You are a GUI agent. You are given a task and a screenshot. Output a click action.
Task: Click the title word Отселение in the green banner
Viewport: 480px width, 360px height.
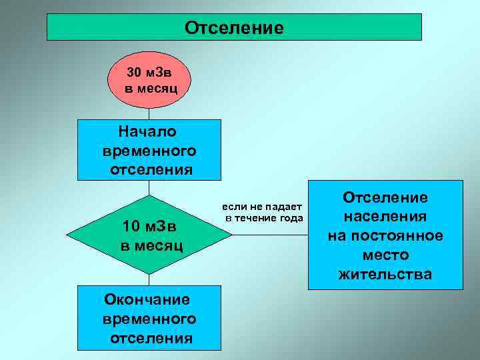click(x=234, y=28)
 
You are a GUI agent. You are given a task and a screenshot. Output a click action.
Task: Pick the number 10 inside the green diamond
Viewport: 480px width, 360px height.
click(x=131, y=226)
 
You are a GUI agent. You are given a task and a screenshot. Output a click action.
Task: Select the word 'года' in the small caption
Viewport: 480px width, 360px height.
click(x=291, y=218)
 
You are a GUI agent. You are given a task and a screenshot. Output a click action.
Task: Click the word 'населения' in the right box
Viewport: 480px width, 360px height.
click(x=385, y=217)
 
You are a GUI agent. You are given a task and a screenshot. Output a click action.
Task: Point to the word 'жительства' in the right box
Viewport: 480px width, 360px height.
click(x=385, y=274)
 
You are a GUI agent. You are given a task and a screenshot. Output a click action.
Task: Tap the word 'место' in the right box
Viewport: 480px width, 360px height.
click(x=385, y=255)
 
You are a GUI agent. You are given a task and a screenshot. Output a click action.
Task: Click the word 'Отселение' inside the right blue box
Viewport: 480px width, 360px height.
click(x=385, y=197)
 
